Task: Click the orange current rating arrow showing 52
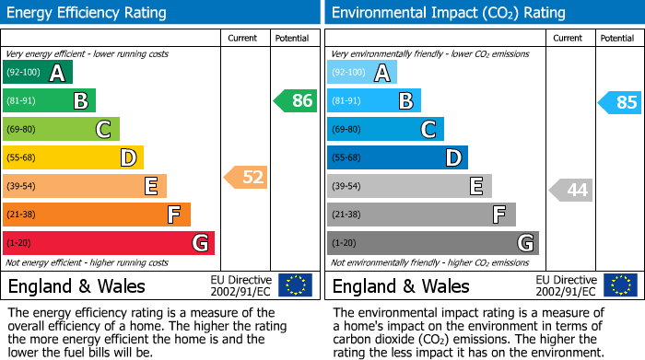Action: pyautogui.click(x=246, y=177)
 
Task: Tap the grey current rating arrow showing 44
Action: pyautogui.click(x=571, y=191)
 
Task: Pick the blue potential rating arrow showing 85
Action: pyautogui.click(x=620, y=102)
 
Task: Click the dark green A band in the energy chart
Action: pyautogui.click(x=38, y=73)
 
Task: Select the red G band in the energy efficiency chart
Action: pyautogui.click(x=109, y=243)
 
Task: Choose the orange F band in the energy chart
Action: pyautogui.click(x=97, y=215)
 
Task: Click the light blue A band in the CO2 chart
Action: pyautogui.click(x=362, y=73)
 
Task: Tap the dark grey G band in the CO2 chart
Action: pyautogui.click(x=432, y=243)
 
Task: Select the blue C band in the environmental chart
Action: pyautogui.click(x=385, y=129)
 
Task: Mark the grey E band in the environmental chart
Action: pyautogui.click(x=409, y=186)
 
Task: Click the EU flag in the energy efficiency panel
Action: pyautogui.click(x=296, y=285)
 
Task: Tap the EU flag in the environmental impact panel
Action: pyautogui.click(x=620, y=285)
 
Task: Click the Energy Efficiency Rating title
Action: pyautogui.click(x=88, y=13)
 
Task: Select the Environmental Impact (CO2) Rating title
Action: pyautogui.click(x=448, y=13)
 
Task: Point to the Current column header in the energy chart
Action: pyautogui.click(x=243, y=38)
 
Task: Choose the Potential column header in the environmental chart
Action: pyautogui.click(x=616, y=38)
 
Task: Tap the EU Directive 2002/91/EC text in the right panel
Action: pyautogui.click(x=566, y=285)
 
